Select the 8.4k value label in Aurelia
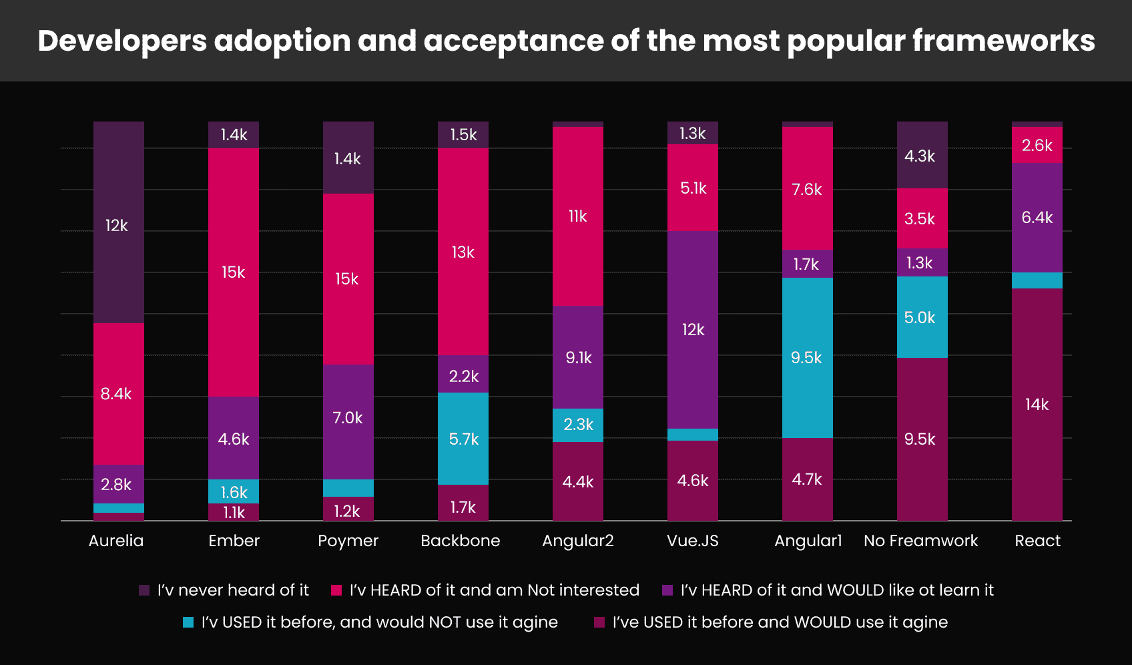[116, 394]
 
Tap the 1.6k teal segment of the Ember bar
[234, 492]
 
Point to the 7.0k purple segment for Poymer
[348, 418]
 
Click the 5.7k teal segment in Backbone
[463, 439]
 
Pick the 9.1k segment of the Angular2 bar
[578, 358]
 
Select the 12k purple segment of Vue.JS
[693, 330]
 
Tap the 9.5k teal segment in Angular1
[806, 358]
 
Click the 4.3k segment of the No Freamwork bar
[920, 156]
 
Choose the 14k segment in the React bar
[1037, 405]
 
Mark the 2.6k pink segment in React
[1037, 146]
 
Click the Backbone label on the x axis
[460, 541]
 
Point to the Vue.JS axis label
[692, 541]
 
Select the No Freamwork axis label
[920, 541]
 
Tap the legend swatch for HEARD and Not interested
[336, 590]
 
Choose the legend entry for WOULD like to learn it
[836, 590]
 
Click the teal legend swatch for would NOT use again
[188, 622]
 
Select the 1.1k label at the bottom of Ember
[234, 512]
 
